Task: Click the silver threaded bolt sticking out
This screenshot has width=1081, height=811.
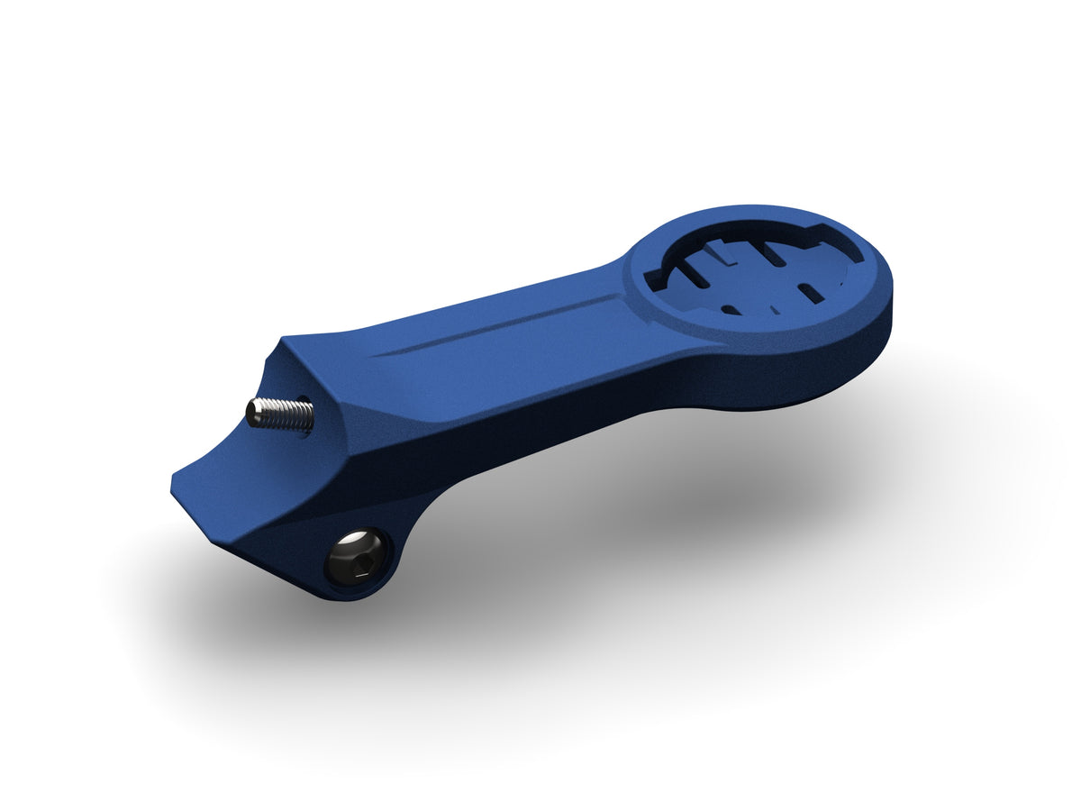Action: tap(281, 414)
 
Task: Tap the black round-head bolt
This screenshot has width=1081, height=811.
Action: tap(358, 556)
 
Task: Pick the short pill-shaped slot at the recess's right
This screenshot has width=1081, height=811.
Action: tap(810, 293)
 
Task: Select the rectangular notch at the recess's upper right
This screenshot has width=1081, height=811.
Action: tap(811, 241)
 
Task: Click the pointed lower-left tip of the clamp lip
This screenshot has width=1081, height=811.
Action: tap(174, 487)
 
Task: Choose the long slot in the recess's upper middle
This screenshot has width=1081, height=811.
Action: tap(776, 253)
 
